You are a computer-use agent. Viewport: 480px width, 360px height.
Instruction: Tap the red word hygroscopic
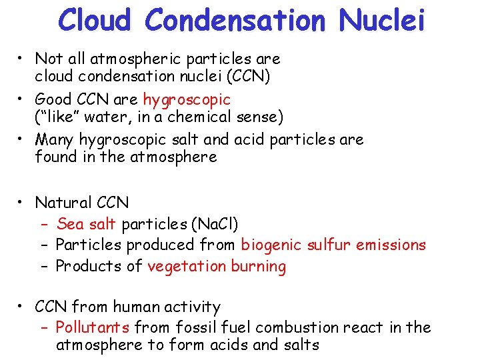(187, 100)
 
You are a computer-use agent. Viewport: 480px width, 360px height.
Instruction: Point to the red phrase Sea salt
(86, 224)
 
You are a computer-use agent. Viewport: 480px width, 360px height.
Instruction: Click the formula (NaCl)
(214, 224)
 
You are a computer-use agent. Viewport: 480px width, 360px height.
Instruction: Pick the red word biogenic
(271, 245)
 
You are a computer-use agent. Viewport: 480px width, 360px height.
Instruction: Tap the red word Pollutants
(93, 327)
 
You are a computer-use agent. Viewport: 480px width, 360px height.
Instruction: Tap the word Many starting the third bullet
(55, 140)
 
